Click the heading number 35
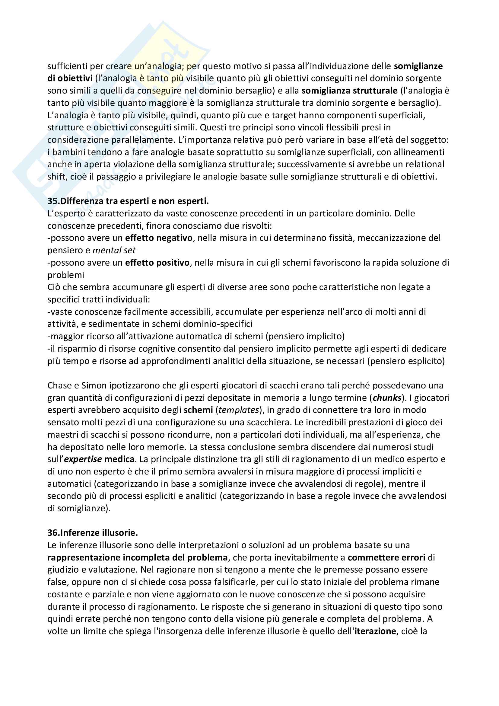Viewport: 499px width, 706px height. [52, 201]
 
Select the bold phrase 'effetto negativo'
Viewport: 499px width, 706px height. [159, 238]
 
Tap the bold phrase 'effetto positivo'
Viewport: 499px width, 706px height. [157, 263]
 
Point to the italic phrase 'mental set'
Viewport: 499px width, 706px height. [114, 250]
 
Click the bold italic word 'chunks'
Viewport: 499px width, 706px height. [387, 398]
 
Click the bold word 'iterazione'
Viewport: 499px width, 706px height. [375, 631]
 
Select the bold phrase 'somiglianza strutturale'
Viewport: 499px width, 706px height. [350, 91]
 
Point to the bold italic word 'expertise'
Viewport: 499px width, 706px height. [83, 459]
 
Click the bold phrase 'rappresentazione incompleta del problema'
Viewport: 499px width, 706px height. [137, 557]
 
